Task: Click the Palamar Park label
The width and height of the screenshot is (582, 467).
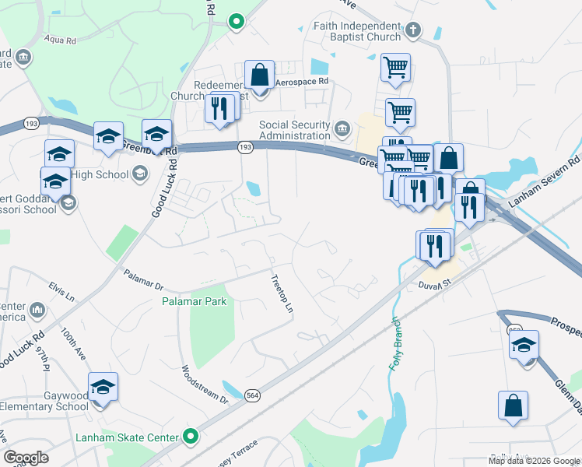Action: click(x=194, y=300)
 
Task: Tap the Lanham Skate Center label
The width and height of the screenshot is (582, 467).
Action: click(x=127, y=437)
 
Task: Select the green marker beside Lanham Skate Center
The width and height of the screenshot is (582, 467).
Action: click(x=189, y=437)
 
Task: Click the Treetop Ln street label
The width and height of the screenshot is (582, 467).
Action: click(x=281, y=293)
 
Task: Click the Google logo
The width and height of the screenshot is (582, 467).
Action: click(x=26, y=458)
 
